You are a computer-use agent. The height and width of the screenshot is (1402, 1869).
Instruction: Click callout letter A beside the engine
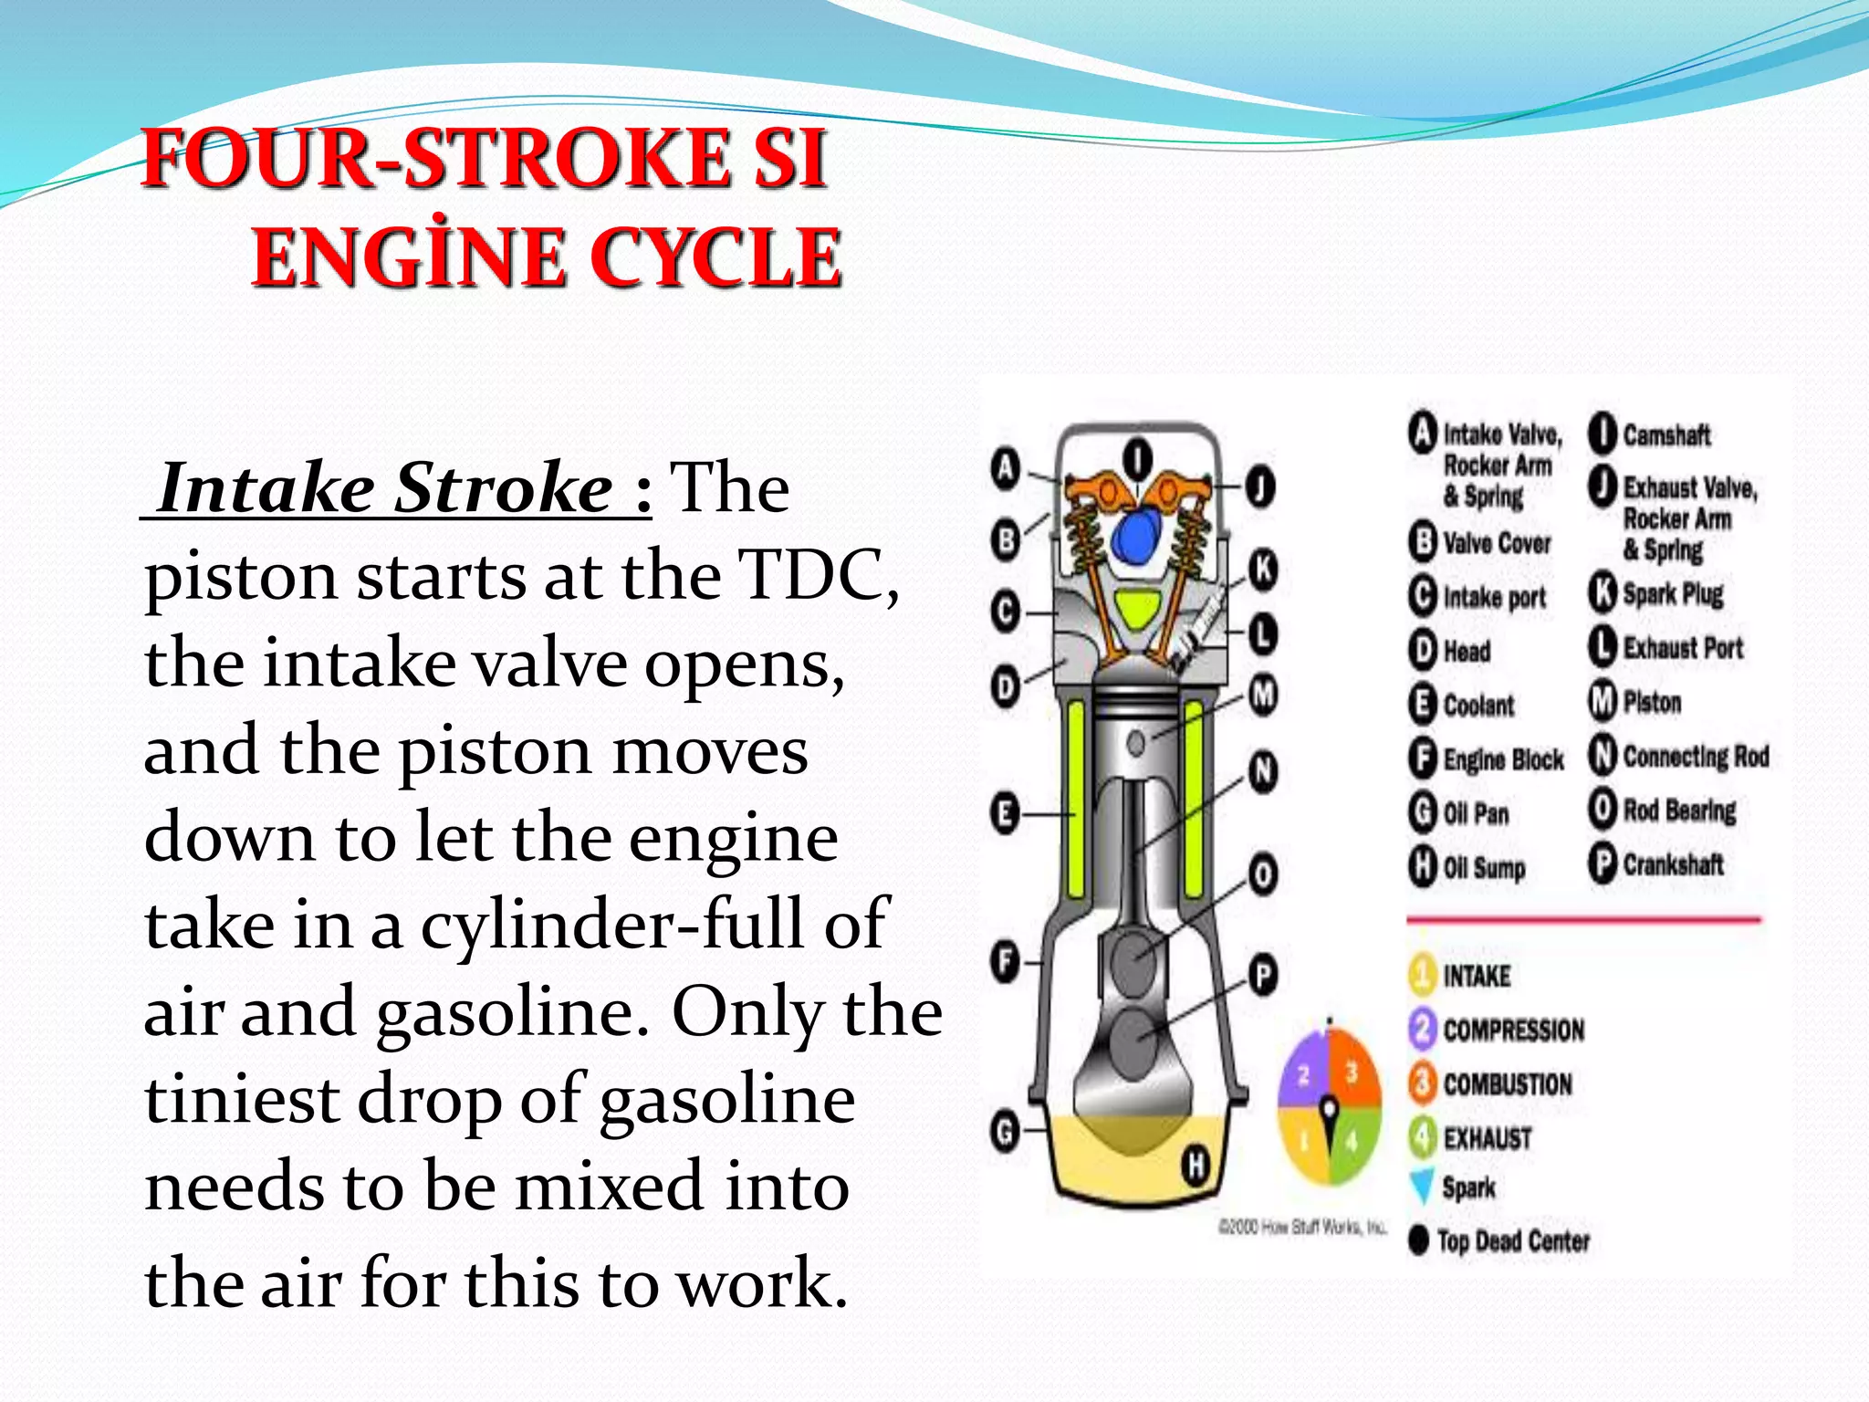click(x=1005, y=469)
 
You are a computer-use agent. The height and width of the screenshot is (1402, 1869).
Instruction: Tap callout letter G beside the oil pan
click(x=1005, y=1133)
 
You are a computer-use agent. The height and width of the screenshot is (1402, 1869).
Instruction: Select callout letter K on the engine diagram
click(x=1263, y=568)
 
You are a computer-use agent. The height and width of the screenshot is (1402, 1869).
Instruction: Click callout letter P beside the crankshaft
click(x=1263, y=977)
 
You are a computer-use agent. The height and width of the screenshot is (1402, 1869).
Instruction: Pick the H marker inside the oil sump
click(x=1196, y=1166)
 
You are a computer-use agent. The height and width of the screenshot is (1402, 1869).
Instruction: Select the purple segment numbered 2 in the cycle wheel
click(x=1304, y=1074)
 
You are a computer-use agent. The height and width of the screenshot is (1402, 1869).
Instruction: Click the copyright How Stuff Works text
click(x=1303, y=1228)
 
